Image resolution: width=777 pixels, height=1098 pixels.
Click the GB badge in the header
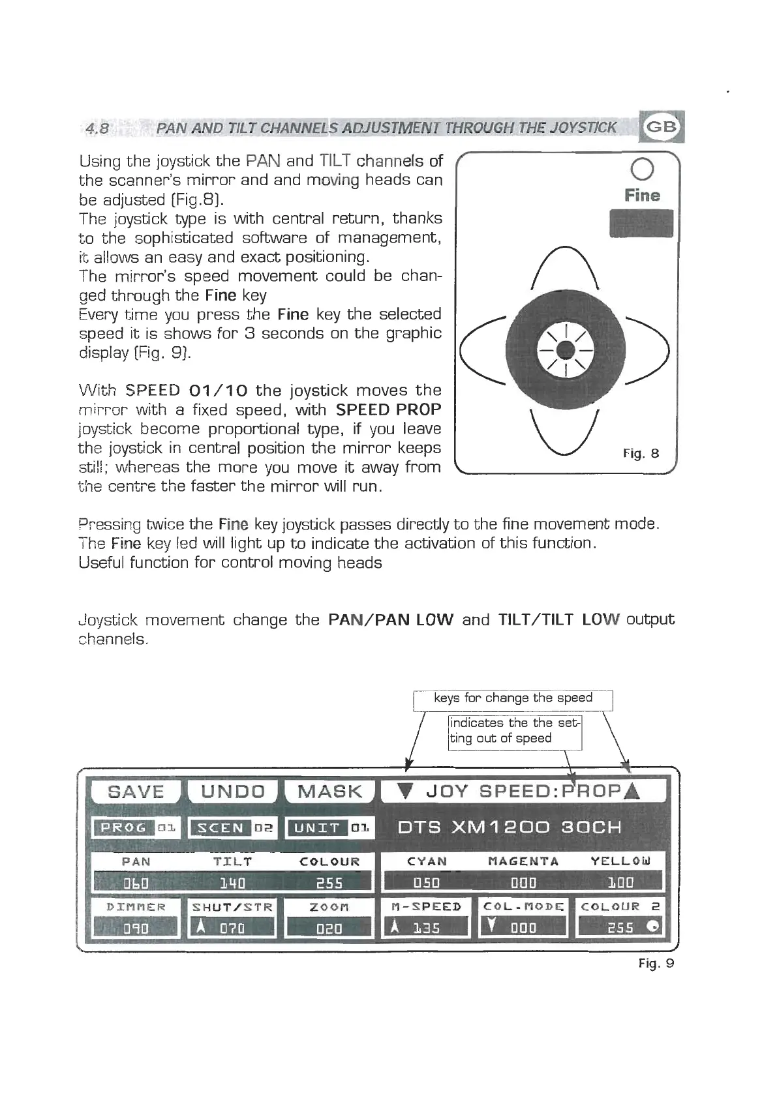(x=662, y=126)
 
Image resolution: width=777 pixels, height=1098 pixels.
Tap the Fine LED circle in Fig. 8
(x=642, y=170)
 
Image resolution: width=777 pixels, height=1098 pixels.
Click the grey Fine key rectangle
(x=641, y=224)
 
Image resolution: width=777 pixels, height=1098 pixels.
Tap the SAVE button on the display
(x=136, y=792)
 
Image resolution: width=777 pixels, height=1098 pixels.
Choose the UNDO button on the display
(x=233, y=792)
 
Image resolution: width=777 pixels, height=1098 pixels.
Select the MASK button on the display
(x=329, y=792)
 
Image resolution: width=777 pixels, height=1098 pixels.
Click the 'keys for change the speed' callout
(x=513, y=698)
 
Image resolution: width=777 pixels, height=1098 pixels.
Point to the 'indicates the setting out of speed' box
(x=515, y=731)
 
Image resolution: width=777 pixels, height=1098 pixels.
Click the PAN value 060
(x=136, y=883)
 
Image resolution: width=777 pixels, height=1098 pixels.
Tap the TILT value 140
(x=233, y=883)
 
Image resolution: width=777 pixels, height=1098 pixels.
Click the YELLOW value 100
(x=620, y=883)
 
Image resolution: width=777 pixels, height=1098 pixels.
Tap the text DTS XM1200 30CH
(x=510, y=827)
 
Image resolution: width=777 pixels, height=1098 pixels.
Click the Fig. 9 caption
(x=656, y=963)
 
